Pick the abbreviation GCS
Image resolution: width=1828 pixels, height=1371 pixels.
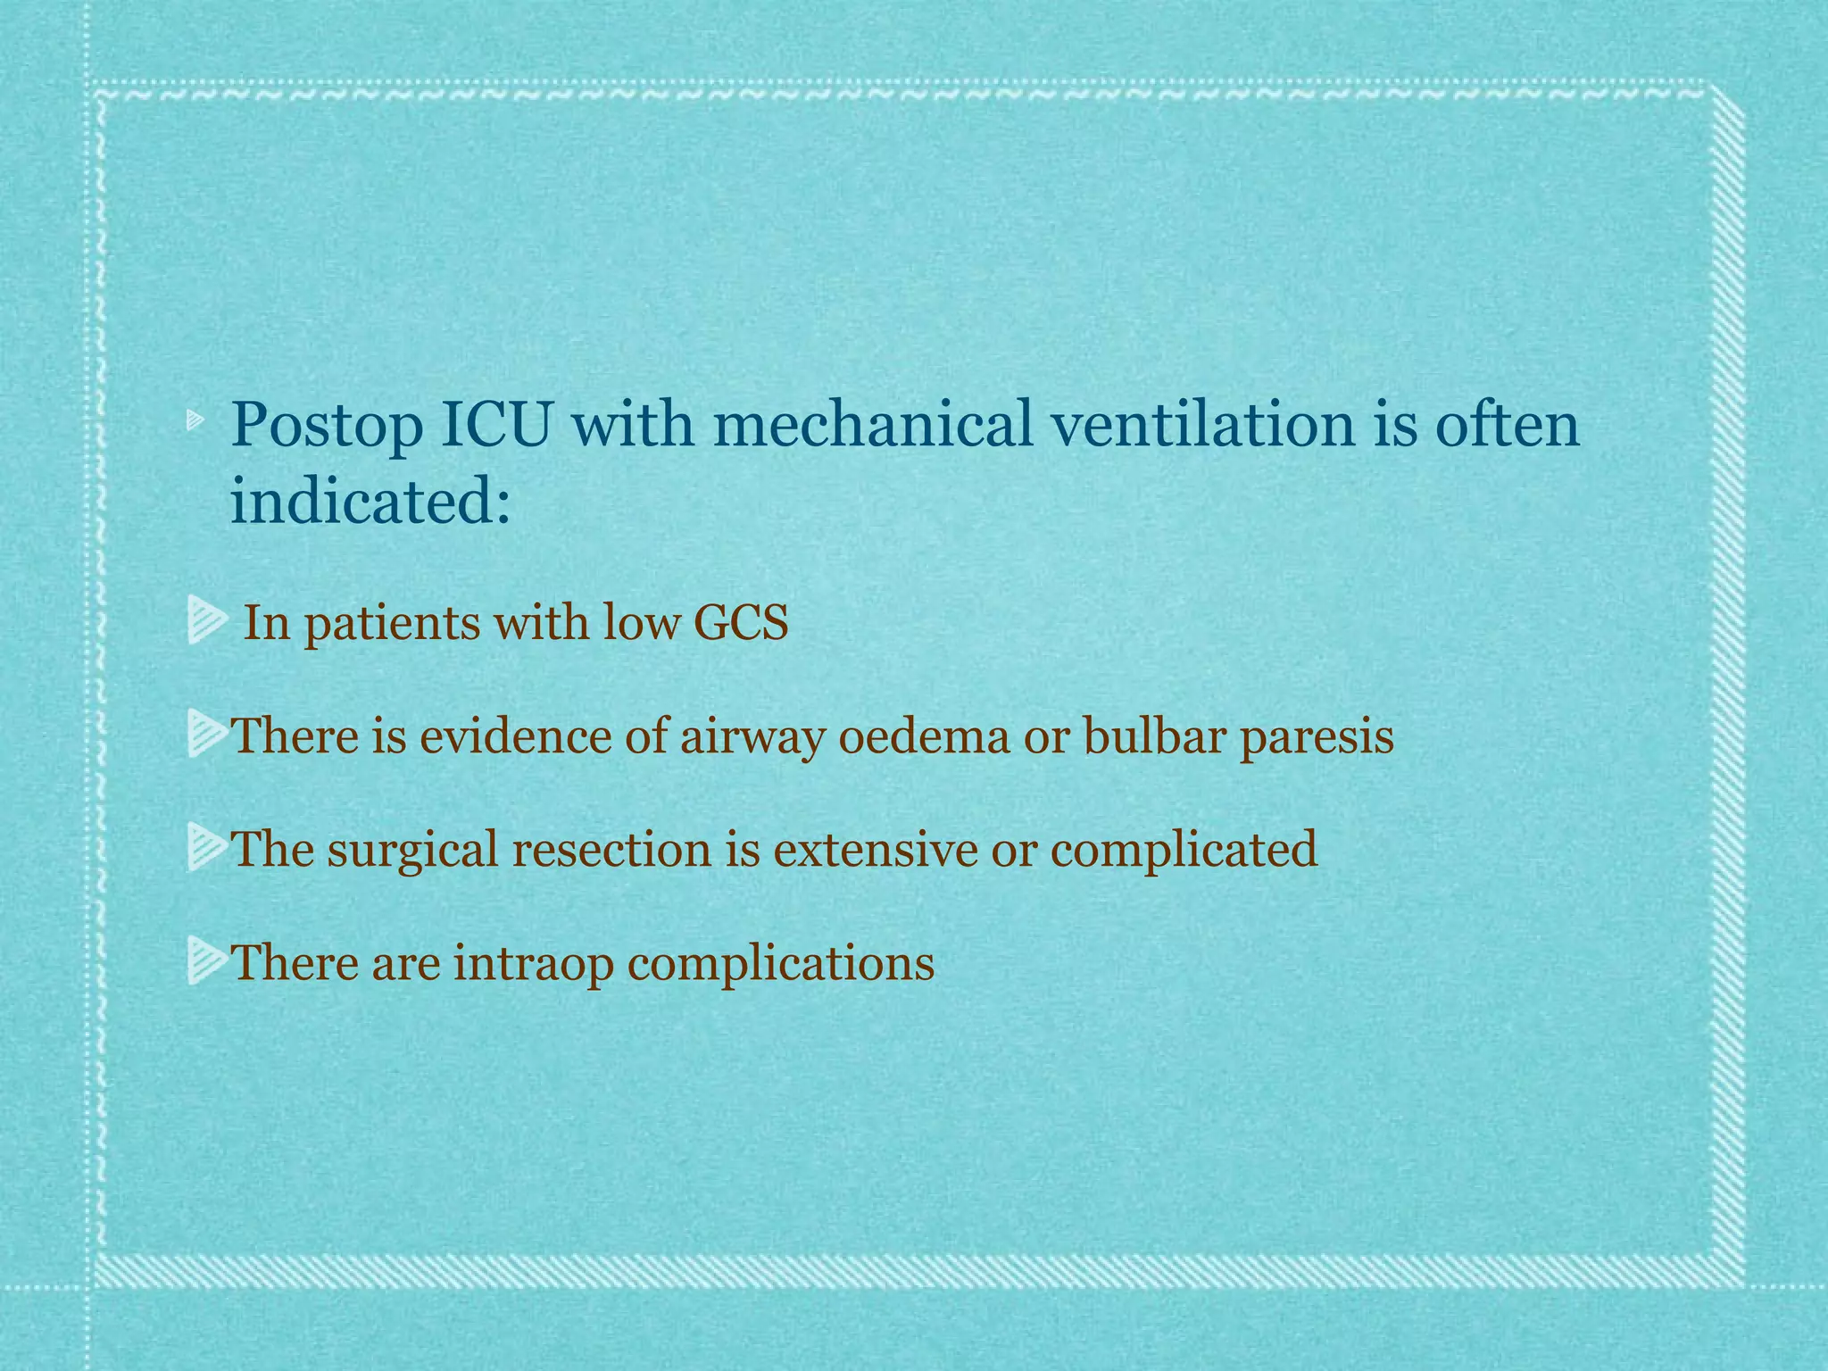pos(741,622)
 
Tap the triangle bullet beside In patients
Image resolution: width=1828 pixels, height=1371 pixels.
pos(207,623)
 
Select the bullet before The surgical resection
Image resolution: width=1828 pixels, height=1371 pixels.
pos(207,849)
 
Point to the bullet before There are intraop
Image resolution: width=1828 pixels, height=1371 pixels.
pos(207,963)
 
